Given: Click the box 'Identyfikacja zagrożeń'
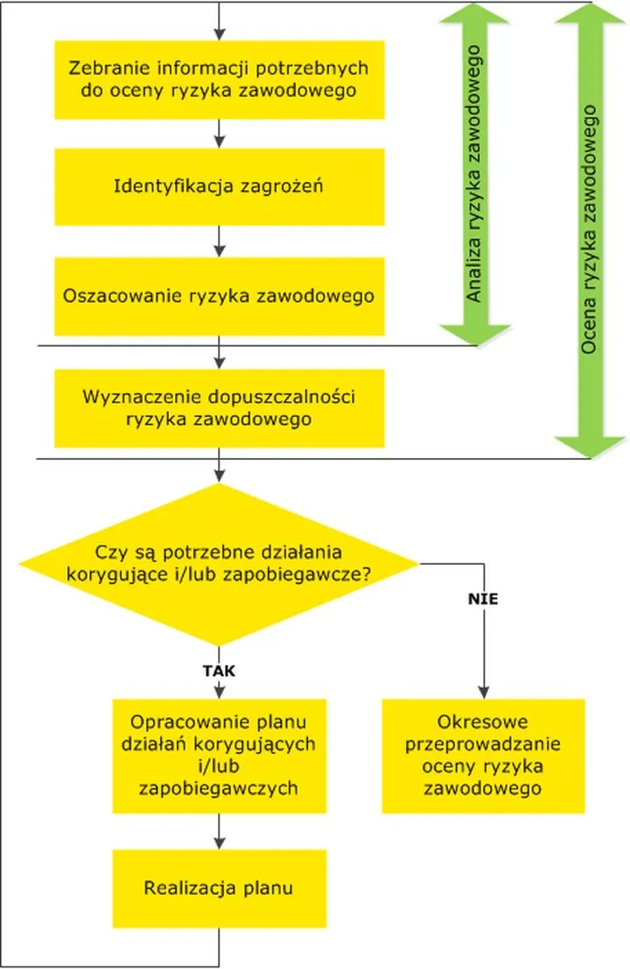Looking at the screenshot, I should (219, 186).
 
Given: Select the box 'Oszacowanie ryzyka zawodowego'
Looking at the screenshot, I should (219, 296).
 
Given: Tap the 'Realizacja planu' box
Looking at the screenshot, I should (219, 888).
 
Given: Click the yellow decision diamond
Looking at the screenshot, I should (219, 564).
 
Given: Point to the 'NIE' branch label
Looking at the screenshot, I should (482, 600).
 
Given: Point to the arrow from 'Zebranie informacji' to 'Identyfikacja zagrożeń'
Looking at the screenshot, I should (219, 134).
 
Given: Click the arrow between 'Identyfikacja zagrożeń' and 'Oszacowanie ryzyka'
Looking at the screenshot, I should (219, 241).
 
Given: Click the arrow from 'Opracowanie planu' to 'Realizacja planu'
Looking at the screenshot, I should (219, 834).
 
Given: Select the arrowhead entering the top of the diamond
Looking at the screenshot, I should (219, 476).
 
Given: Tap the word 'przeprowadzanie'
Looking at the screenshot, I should (483, 745).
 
